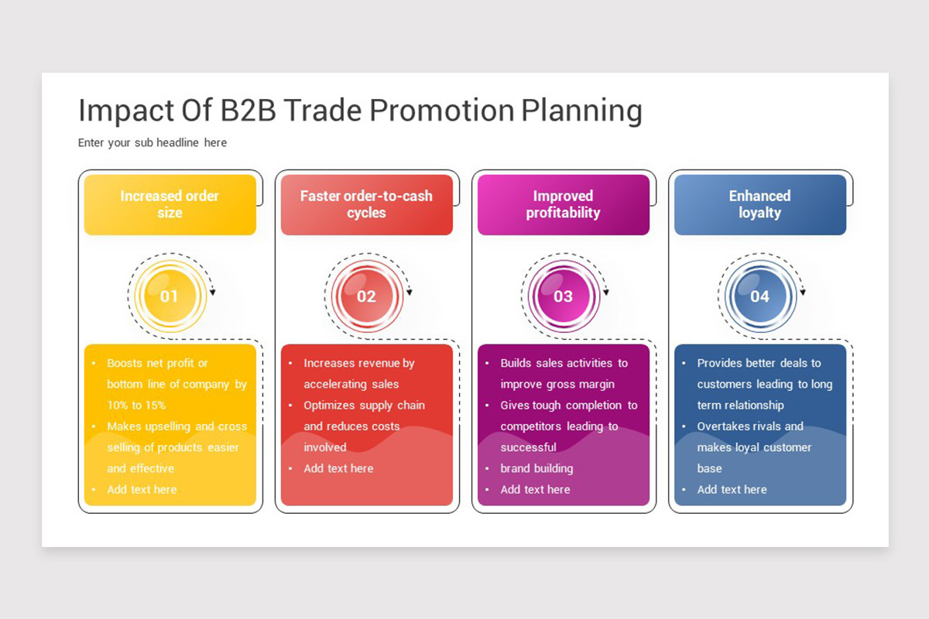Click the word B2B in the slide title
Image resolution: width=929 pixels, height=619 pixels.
[248, 111]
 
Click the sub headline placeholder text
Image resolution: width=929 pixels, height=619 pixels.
[153, 143]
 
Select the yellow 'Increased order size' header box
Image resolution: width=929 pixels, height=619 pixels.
[170, 205]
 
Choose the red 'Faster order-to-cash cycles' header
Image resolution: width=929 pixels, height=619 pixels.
[367, 205]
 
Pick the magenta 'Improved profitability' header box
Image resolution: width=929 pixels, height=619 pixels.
[564, 205]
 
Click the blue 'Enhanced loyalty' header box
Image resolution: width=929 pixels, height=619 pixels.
[759, 205]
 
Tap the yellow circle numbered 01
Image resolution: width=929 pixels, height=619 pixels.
[170, 296]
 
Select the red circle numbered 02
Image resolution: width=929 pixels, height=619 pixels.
[367, 296]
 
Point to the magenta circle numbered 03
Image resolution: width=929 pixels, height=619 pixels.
[564, 296]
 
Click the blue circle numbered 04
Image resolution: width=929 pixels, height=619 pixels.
[759, 296]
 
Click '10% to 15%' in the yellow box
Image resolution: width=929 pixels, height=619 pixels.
[136, 405]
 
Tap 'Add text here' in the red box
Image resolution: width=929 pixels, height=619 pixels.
[338, 468]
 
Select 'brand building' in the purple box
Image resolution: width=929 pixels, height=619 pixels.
[536, 469]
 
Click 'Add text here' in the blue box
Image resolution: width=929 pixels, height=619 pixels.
[732, 490]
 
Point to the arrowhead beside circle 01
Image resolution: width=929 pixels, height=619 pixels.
[213, 292]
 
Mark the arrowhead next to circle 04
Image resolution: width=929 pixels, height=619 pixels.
[803, 292]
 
